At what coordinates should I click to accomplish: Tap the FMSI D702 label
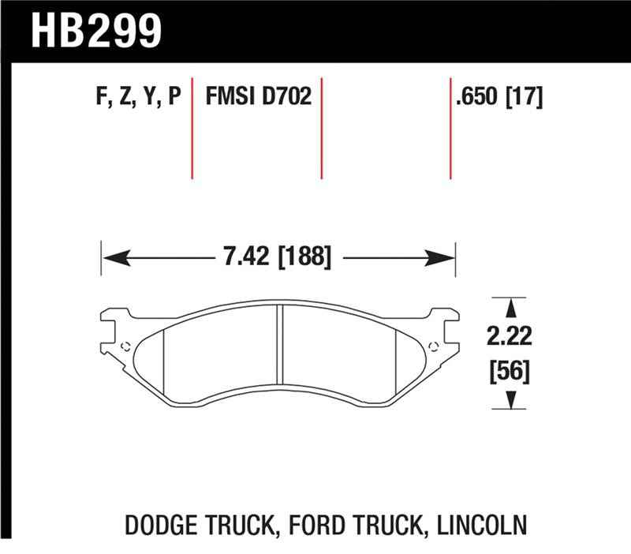tap(259, 98)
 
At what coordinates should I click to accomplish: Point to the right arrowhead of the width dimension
tap(445, 257)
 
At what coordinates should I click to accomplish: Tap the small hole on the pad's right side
tap(431, 345)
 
